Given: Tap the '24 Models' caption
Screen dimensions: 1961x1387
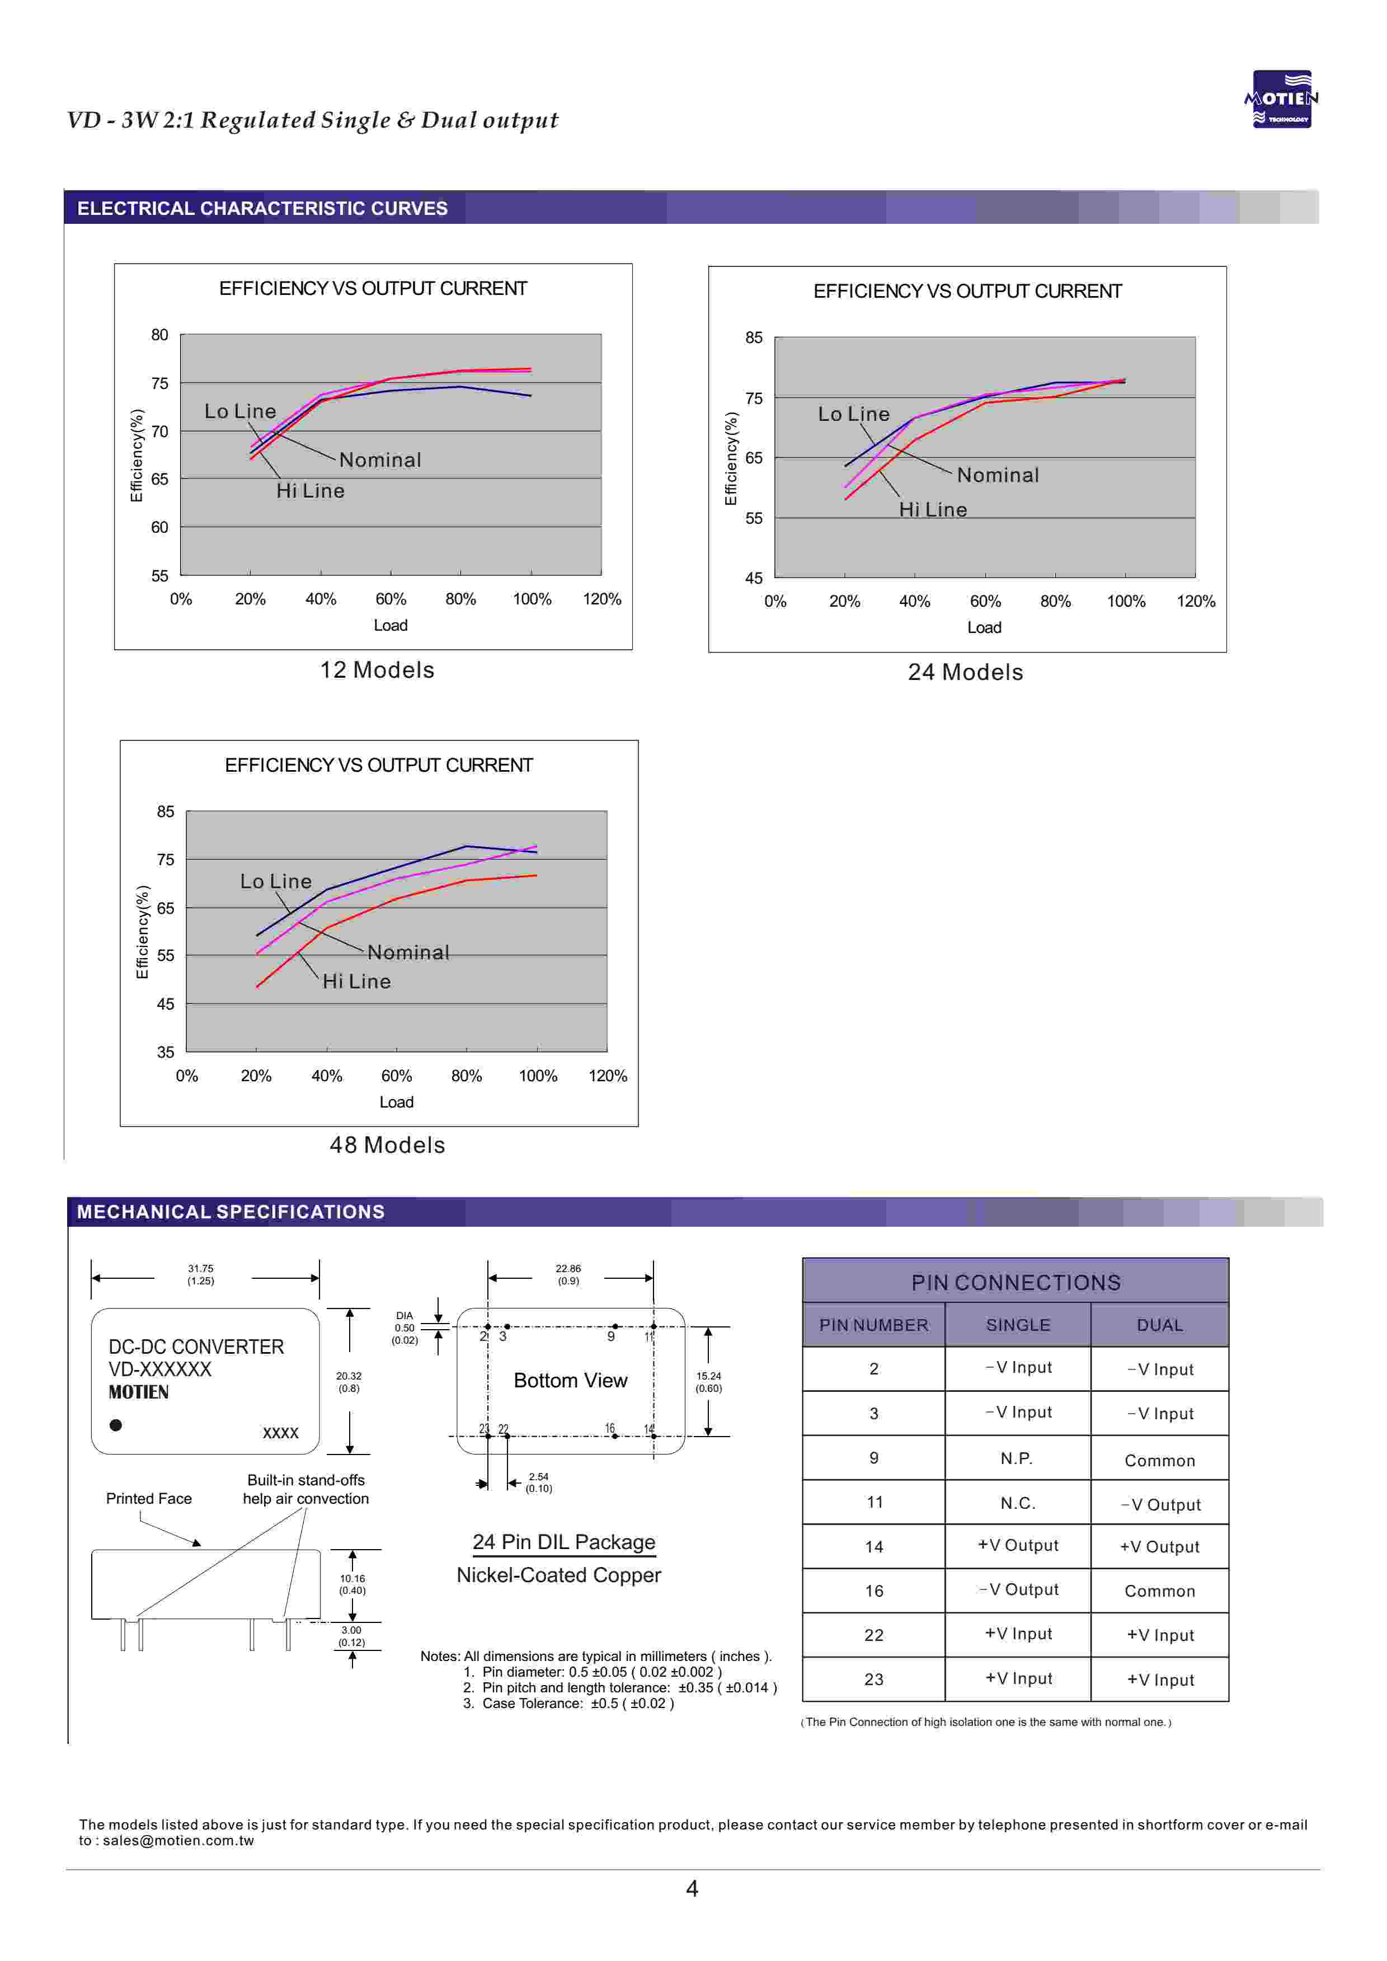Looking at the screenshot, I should click(965, 673).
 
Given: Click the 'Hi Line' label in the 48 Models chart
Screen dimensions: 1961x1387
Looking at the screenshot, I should click(356, 982).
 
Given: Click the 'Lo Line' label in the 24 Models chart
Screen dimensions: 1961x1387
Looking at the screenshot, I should click(853, 414).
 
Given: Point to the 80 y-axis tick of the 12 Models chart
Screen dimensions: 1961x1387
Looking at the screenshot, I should click(159, 335).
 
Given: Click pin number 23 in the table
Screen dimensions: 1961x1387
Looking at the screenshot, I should click(874, 1680).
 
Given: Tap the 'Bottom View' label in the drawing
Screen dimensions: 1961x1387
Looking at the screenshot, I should click(571, 1381).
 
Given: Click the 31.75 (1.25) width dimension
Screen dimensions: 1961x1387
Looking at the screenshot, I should click(201, 1275).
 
